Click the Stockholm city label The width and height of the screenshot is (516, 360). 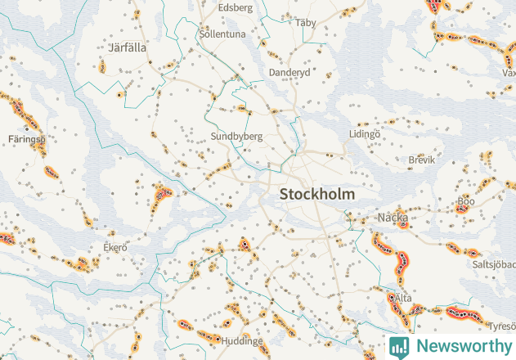317,195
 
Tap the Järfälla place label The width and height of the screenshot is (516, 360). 126,47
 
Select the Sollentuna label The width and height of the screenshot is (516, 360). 222,34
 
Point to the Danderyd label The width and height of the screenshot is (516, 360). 289,73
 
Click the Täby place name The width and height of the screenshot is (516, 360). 306,23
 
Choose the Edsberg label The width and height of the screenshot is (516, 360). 236,7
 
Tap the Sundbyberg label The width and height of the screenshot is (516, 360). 236,137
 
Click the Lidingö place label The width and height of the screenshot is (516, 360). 365,133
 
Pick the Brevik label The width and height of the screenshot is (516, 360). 422,160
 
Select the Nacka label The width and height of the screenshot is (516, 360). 393,218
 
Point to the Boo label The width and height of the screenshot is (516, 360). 466,200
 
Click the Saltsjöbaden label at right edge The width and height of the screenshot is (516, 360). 494,265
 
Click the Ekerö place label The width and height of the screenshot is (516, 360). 115,247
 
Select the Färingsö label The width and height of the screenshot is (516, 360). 28,139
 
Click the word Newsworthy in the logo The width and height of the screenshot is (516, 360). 463,346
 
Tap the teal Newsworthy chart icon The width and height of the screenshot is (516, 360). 399,346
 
